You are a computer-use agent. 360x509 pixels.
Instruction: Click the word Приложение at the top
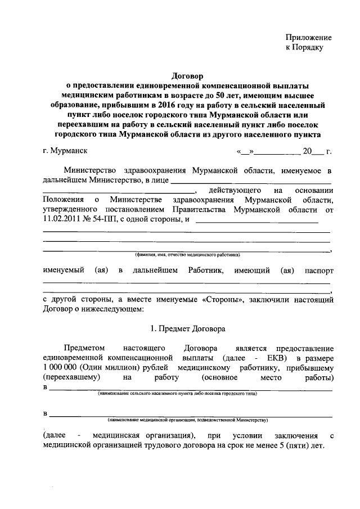pos(309,38)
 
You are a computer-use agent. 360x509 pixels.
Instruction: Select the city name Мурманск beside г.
pos(69,151)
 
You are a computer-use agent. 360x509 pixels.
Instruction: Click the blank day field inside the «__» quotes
pos(246,151)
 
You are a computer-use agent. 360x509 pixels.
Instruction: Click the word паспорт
pos(318,271)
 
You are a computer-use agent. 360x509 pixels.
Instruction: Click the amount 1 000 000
pos(61,367)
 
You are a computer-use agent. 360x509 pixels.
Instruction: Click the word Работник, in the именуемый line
pos(205,271)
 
